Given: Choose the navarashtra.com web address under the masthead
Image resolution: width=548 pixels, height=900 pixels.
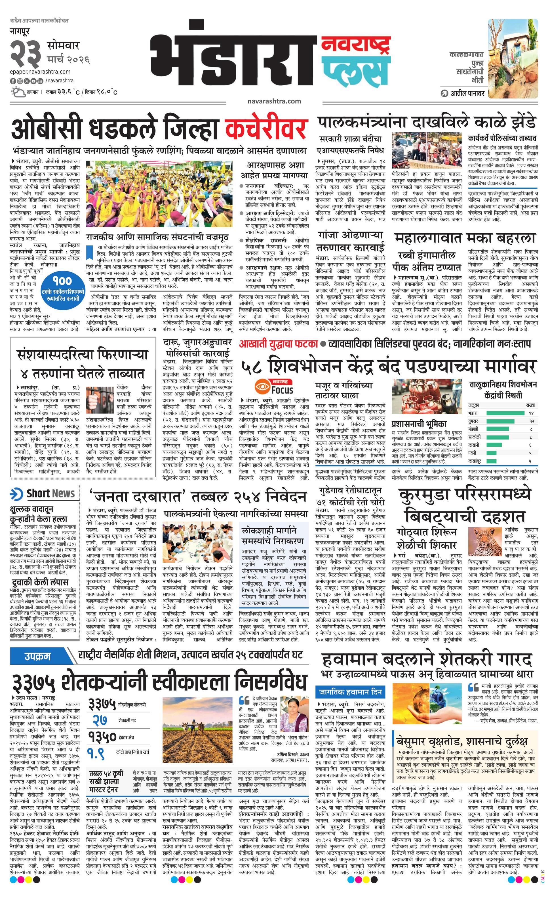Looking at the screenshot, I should (x=274, y=101).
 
